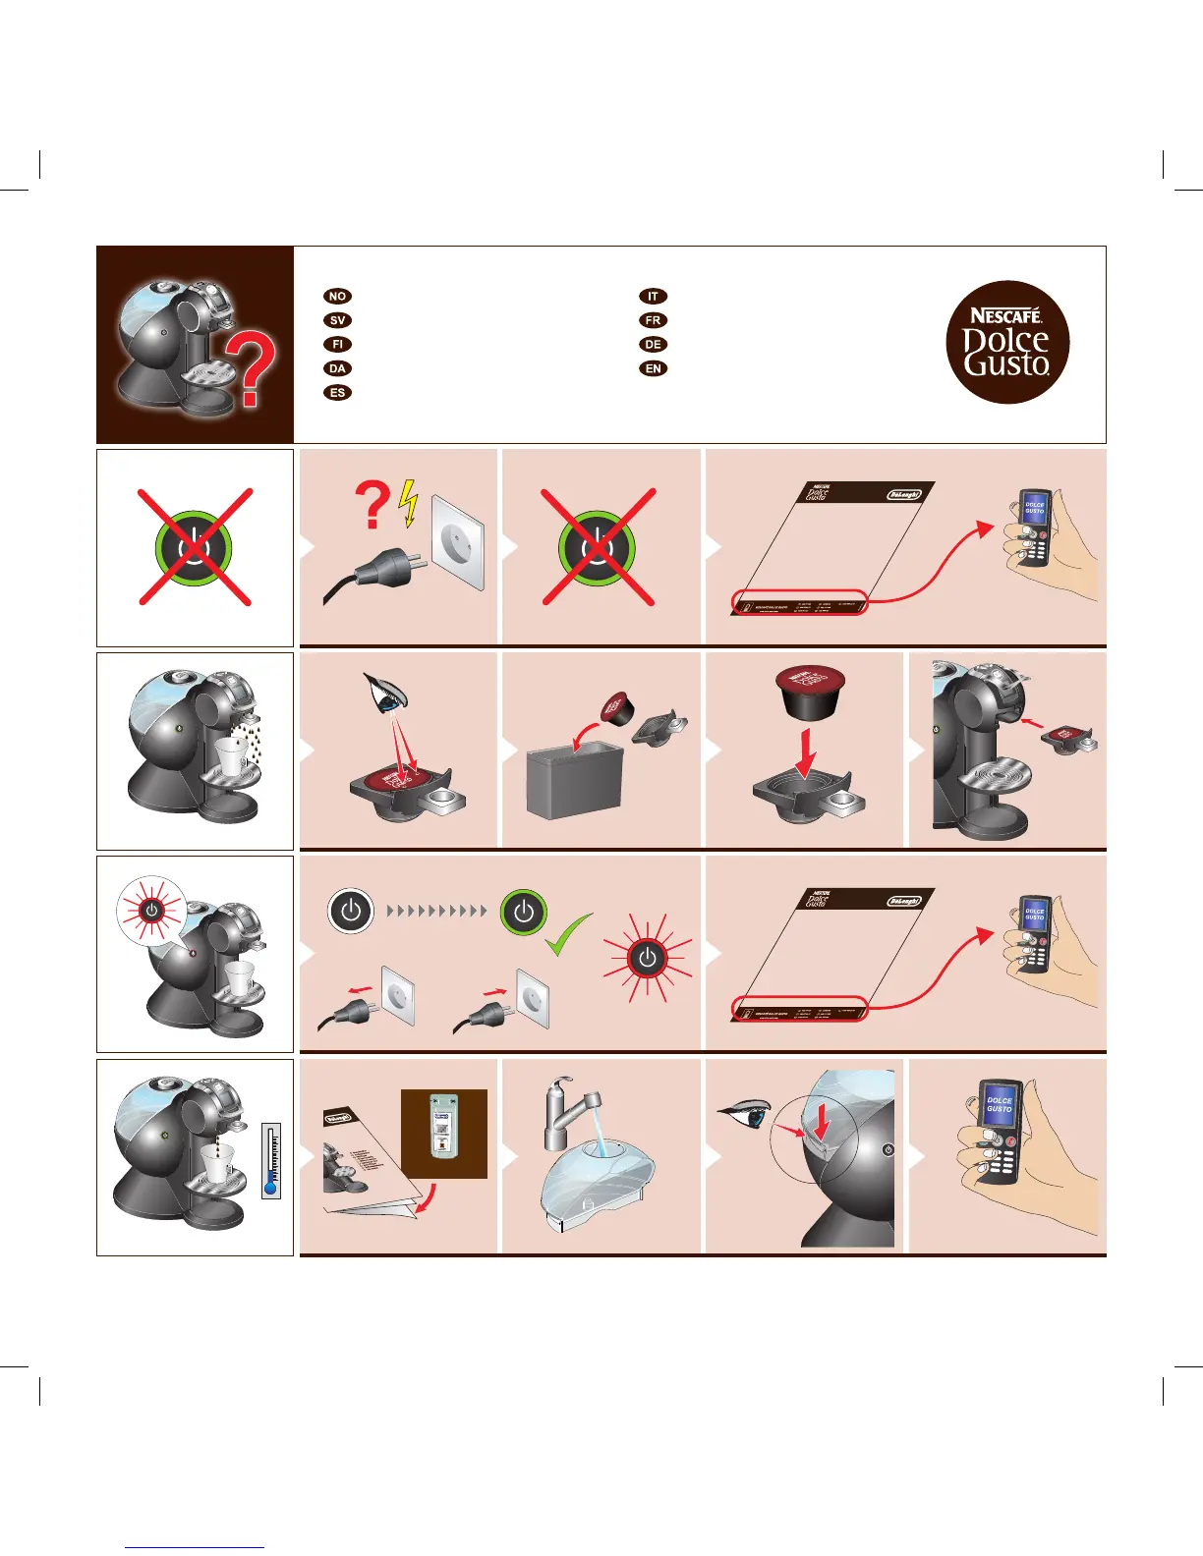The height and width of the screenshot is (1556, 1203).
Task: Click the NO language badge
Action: (337, 296)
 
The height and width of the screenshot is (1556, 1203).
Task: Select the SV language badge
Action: (337, 320)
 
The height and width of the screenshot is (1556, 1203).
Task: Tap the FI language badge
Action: (337, 345)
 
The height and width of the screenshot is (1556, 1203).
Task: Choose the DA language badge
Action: (337, 368)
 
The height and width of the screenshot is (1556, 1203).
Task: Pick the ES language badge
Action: (337, 393)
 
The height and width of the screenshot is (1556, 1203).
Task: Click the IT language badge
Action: (653, 296)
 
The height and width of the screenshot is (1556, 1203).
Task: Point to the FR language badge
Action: (653, 320)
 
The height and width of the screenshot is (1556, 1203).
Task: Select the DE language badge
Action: (653, 345)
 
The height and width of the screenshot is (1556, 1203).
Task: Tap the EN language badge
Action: (653, 368)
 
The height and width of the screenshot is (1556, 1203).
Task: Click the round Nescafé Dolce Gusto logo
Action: (1006, 342)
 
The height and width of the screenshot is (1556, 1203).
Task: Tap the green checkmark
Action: (568, 936)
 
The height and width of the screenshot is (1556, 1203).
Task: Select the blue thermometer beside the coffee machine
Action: (271, 1161)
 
